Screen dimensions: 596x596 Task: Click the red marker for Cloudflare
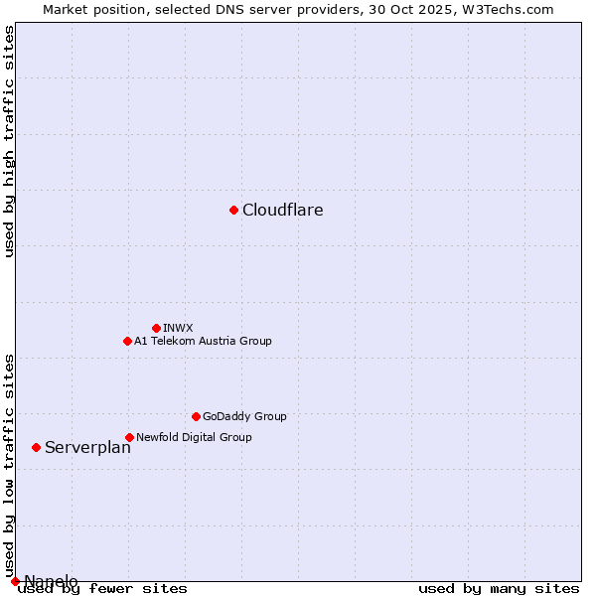pyautogui.click(x=233, y=210)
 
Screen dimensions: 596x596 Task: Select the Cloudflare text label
pyautogui.click(x=283, y=211)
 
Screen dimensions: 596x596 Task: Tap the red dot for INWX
pyautogui.click(x=156, y=328)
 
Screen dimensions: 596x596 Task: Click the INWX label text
pyautogui.click(x=179, y=328)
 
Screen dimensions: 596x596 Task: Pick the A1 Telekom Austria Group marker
pyautogui.click(x=127, y=341)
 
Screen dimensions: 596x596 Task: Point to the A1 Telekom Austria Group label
pyautogui.click(x=203, y=341)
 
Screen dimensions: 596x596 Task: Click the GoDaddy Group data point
pyautogui.click(x=196, y=416)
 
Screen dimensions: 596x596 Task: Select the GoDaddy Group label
pyautogui.click(x=244, y=416)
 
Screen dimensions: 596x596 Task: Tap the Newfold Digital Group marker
pyautogui.click(x=129, y=437)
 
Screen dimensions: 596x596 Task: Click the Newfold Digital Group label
pyautogui.click(x=194, y=437)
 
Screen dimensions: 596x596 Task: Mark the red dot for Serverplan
pyautogui.click(x=36, y=447)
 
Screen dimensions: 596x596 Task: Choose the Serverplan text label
pyautogui.click(x=87, y=448)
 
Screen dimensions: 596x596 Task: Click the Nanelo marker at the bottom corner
pyautogui.click(x=15, y=581)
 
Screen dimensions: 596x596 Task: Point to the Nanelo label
pyautogui.click(x=51, y=581)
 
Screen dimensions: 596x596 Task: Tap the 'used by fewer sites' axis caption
pyautogui.click(x=102, y=589)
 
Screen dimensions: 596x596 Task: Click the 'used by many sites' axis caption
pyautogui.click(x=499, y=589)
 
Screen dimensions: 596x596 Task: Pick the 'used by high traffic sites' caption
pyautogui.click(x=9, y=142)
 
